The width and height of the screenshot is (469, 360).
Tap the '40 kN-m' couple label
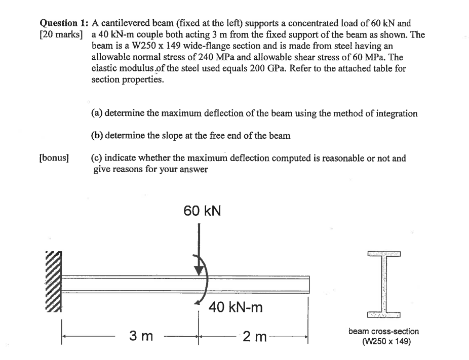[236, 307]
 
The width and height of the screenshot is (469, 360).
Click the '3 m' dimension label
[140, 335]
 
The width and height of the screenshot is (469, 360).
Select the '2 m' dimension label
[254, 335]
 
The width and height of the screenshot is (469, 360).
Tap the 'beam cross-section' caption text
[383, 331]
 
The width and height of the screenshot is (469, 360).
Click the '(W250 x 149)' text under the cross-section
[383, 341]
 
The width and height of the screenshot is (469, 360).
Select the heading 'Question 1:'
[63, 23]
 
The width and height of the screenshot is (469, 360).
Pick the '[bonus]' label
[53, 158]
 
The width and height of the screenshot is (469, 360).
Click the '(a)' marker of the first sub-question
[97, 113]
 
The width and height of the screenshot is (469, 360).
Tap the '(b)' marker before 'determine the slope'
[97, 136]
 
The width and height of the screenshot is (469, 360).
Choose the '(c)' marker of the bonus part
[97, 158]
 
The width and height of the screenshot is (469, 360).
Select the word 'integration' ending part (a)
[397, 113]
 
